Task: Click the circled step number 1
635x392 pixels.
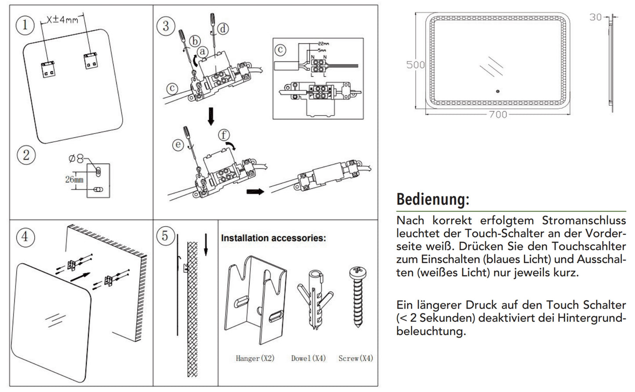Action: coord(25,25)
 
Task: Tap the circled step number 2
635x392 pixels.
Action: coord(26,155)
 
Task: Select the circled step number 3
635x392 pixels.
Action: coord(166,26)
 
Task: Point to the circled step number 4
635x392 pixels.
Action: coord(25,237)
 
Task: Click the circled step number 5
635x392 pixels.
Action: coord(165,236)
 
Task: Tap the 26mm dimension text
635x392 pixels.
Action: coord(74,180)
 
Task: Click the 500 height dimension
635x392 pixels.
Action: coord(415,65)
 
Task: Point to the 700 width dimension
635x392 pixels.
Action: coord(497,115)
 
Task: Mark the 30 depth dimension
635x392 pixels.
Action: coord(595,17)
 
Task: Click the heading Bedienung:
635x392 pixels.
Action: coord(432,199)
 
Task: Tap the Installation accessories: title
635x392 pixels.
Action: coord(273,238)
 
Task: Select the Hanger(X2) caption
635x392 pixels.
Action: coord(255,358)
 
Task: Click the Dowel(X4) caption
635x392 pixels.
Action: coord(308,358)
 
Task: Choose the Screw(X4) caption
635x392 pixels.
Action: coord(356,358)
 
